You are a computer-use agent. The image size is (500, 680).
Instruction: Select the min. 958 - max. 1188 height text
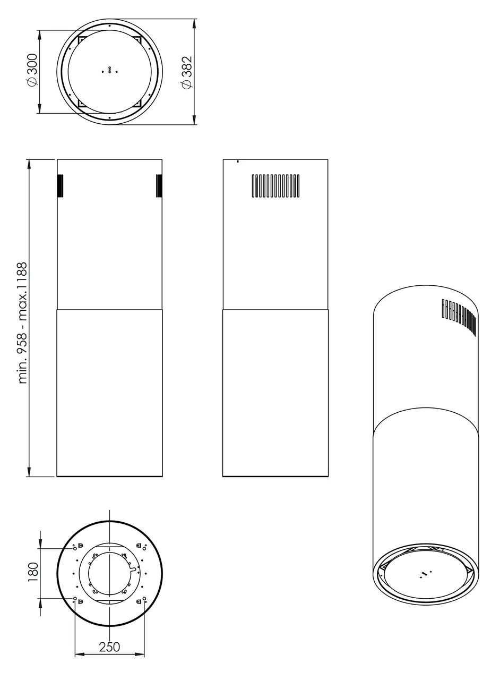point(22,322)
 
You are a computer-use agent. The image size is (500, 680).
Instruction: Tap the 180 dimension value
point(33,573)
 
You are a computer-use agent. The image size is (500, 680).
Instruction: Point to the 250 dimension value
point(109,647)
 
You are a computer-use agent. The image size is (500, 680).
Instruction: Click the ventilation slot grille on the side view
point(275,186)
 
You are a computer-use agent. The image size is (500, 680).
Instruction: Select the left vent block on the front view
point(61,186)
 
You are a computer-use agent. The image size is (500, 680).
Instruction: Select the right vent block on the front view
point(159,186)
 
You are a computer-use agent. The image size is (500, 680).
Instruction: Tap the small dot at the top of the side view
point(237,161)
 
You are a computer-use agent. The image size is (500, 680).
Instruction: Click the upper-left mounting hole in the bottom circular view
point(75,548)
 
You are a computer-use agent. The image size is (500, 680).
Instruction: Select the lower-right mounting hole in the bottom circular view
point(144,599)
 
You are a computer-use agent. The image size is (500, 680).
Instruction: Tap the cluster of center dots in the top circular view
point(109,71)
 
